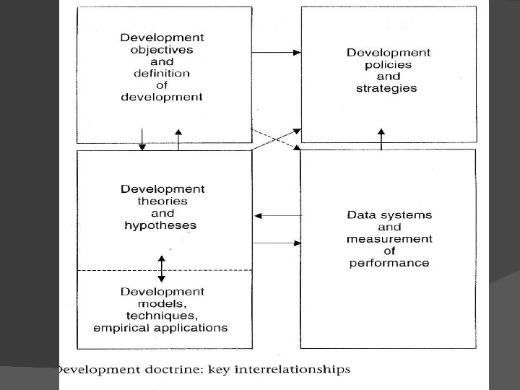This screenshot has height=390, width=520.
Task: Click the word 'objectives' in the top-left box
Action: (162, 49)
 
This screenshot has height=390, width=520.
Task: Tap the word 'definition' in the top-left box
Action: (162, 73)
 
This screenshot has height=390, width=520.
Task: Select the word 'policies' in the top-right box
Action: (388, 65)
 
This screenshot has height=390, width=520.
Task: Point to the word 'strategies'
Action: (387, 89)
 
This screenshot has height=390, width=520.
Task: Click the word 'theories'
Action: (162, 201)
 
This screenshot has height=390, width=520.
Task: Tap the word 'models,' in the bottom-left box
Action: (162, 304)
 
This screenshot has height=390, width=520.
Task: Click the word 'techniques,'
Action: (162, 316)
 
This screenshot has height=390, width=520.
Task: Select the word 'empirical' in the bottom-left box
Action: (120, 328)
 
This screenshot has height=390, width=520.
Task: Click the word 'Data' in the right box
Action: (361, 214)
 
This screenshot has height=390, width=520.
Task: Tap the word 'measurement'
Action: (389, 239)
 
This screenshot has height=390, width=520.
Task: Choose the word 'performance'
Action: (389, 263)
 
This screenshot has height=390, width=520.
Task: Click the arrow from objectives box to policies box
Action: (277, 53)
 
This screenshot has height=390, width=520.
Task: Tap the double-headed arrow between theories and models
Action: (161, 268)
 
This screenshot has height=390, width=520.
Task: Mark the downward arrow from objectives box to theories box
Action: (142, 139)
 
